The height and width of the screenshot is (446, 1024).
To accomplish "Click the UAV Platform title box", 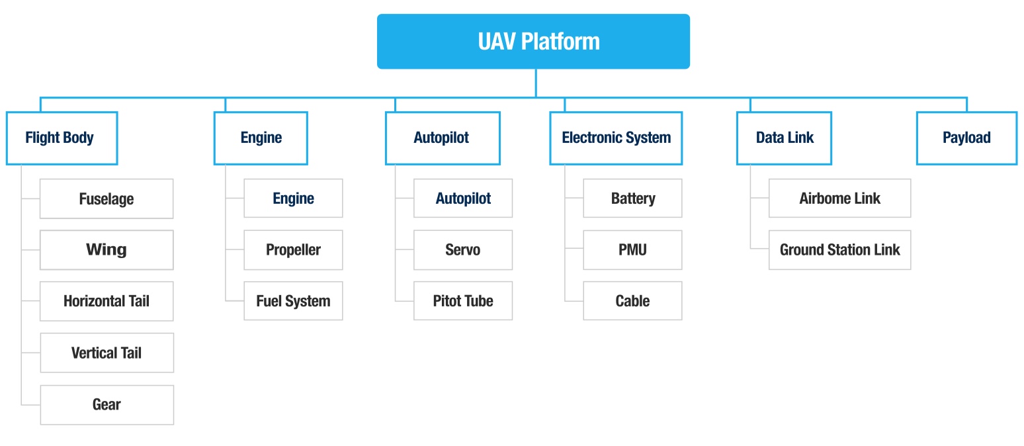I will point(533,41).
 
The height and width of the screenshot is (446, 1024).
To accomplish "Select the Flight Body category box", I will point(62,138).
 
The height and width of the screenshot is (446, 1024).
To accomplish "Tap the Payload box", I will point(966,138).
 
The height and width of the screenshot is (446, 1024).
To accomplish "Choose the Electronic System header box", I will point(616,138).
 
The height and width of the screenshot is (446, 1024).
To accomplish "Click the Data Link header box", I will point(784,138).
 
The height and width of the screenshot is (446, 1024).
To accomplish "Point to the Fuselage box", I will point(107,199).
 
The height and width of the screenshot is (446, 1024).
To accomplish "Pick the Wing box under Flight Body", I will point(107,249).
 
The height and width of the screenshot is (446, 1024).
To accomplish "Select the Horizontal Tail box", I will point(107,301).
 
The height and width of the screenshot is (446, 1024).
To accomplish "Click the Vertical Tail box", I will point(107,353).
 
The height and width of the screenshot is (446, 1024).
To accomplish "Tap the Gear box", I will point(107,404).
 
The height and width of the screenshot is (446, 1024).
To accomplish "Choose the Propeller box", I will point(293,249).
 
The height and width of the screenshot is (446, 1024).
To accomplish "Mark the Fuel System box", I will point(293,301).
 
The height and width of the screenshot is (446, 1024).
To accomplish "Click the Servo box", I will point(463,249).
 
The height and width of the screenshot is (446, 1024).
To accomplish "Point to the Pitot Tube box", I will point(463,301).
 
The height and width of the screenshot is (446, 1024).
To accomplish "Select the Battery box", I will point(632,199).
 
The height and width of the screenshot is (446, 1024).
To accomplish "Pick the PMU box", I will point(632,249).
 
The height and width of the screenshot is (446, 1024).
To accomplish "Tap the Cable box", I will point(632,301).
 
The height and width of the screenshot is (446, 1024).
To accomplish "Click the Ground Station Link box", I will point(839,249).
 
